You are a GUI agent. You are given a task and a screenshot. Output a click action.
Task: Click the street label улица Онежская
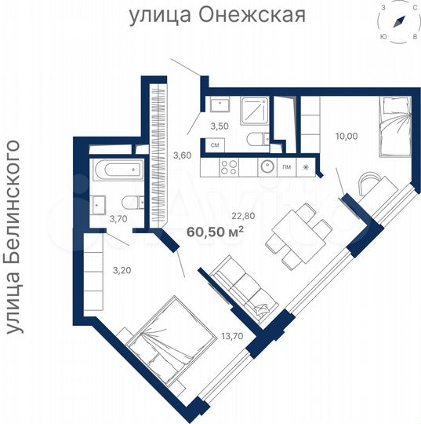[216, 15]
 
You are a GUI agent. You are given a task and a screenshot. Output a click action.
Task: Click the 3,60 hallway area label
[182, 155]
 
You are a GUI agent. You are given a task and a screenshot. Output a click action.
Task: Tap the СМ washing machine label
[215, 144]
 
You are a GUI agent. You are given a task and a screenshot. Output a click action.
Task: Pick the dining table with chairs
[297, 233]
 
